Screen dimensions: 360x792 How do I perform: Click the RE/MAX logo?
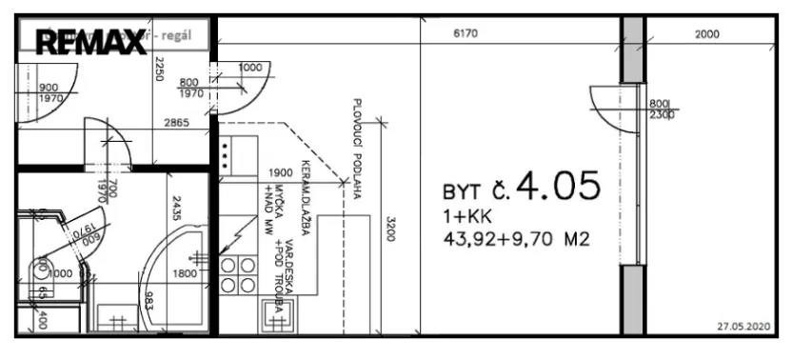[x=90, y=41]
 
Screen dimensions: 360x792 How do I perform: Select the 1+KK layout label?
[x=462, y=216]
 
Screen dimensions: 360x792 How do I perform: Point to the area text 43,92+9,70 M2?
[x=515, y=239]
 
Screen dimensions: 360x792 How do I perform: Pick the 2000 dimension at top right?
[x=707, y=34]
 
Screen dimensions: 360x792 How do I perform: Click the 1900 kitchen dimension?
[x=280, y=172]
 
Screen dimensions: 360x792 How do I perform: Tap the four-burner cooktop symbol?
[x=238, y=275]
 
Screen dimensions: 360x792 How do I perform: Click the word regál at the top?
[x=192, y=34]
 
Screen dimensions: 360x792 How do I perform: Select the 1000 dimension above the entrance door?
[x=251, y=68]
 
